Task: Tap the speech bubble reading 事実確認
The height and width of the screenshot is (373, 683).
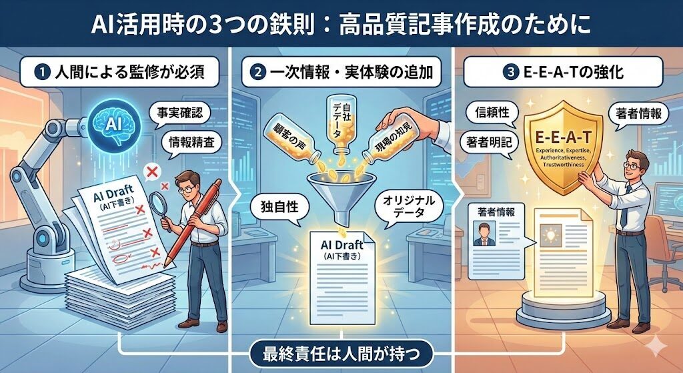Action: pyautogui.click(x=179, y=113)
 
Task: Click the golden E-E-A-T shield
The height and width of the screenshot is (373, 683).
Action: pyautogui.click(x=563, y=146)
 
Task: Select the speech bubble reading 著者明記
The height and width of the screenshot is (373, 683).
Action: pyautogui.click(x=489, y=142)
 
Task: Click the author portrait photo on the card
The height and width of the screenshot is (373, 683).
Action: pyautogui.click(x=484, y=234)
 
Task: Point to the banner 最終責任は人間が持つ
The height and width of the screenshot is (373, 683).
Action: pyautogui.click(x=341, y=354)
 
